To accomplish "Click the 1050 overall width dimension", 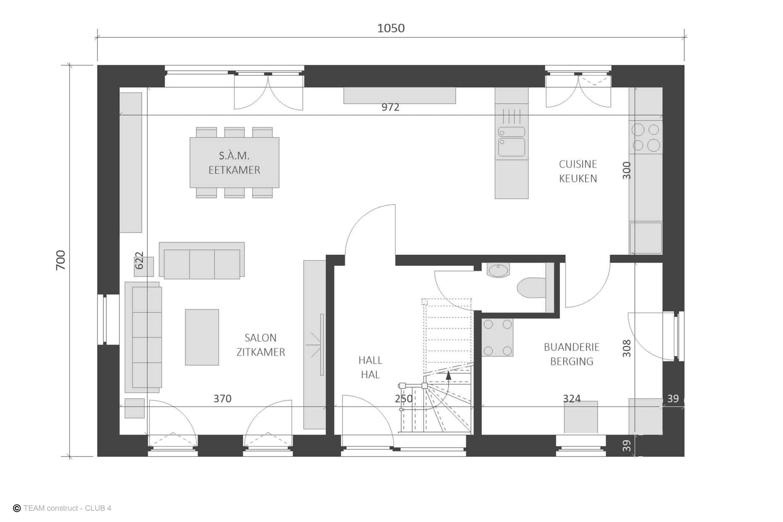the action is pos(391,28).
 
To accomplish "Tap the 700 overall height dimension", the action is pos(61,260).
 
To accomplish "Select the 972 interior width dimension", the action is pos(390,107).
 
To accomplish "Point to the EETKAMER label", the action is pos(234,170).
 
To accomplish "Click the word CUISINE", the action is pos(578,164).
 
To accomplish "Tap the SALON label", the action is pos(260,338).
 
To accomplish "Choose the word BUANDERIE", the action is pos(572,347).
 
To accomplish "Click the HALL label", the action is pos(370,360).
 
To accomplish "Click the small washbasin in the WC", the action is pos(498,270).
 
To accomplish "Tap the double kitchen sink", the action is pos(512,142).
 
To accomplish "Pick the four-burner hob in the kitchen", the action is pos(645,137).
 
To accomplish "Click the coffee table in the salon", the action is pos(202,337).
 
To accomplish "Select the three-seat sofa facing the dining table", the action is pos(202,260).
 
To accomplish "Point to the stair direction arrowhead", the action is pos(448,376).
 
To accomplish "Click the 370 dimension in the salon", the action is pos(222,398).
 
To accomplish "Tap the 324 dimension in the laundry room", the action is pos(572,398).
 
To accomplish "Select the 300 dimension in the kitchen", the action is pos(626,170).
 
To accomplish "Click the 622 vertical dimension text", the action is pos(139,260).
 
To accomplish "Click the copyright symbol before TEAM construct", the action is pos(17,508).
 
